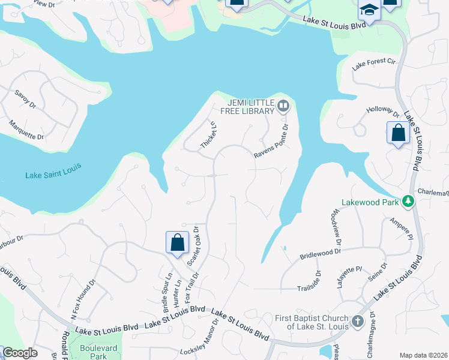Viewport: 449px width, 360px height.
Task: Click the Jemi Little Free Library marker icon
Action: [283, 107]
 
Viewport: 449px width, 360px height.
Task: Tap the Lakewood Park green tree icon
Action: [409, 202]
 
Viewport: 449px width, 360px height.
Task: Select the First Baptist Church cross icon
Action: [358, 321]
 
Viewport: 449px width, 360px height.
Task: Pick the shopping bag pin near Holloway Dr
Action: [398, 133]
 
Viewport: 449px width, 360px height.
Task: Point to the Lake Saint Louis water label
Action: [53, 175]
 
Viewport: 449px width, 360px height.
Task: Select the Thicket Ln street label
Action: [208, 137]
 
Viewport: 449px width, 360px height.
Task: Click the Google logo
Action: [20, 353]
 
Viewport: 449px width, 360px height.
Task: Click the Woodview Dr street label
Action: [335, 228]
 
